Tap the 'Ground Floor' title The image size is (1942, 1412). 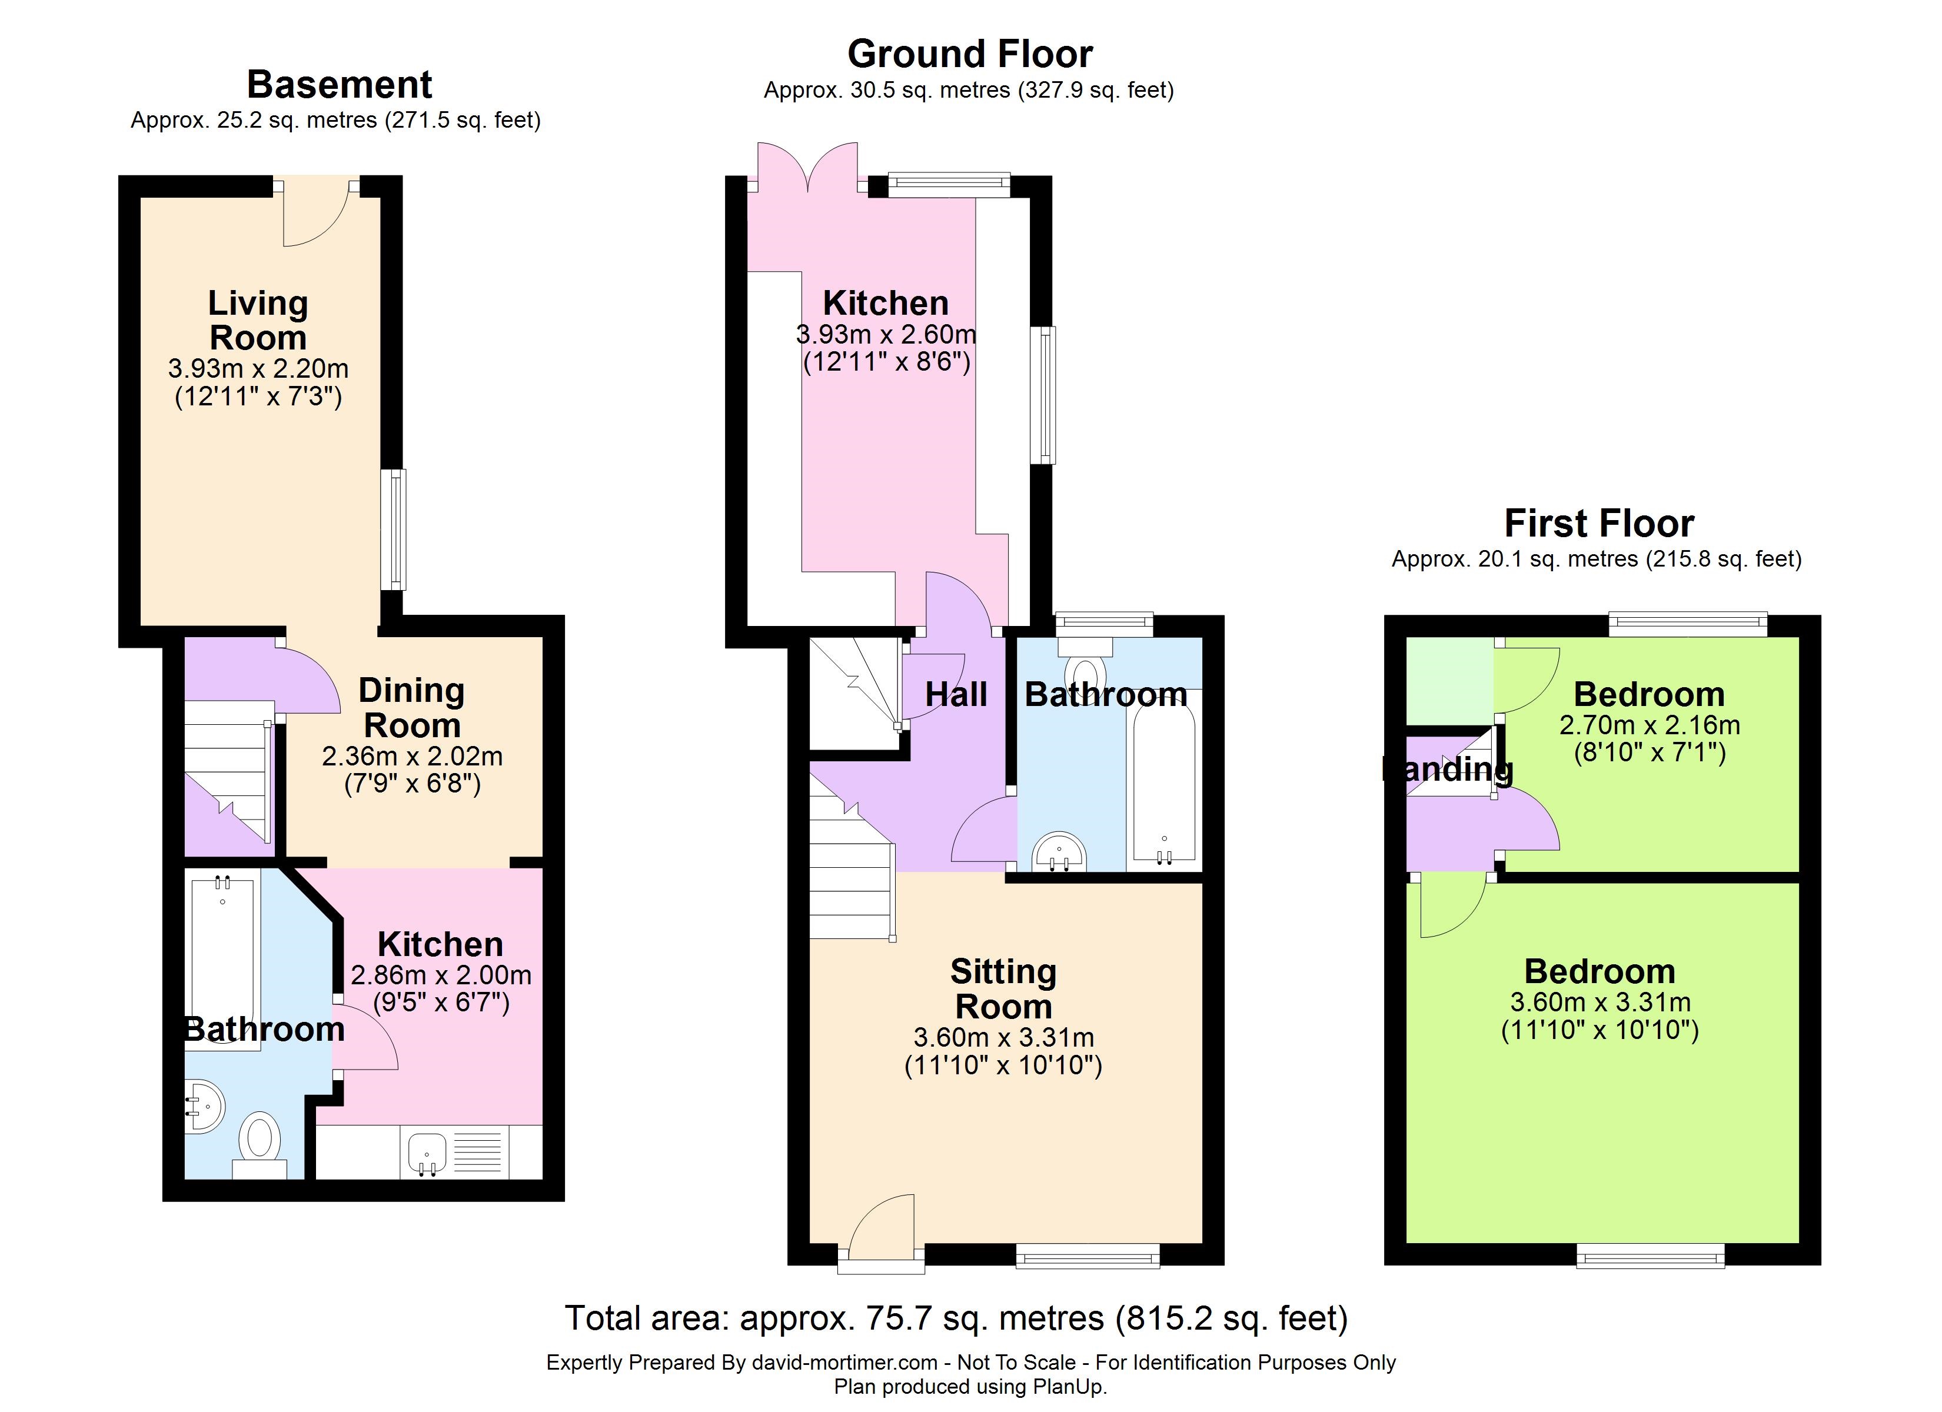[x=970, y=54]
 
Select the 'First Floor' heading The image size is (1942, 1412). [x=1599, y=523]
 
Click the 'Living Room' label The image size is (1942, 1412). [x=258, y=320]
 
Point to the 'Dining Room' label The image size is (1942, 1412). [x=412, y=707]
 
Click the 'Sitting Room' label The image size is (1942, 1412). [x=1003, y=989]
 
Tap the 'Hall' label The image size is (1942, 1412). [x=956, y=694]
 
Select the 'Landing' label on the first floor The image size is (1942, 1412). [x=1448, y=769]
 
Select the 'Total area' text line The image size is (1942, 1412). [x=956, y=1318]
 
